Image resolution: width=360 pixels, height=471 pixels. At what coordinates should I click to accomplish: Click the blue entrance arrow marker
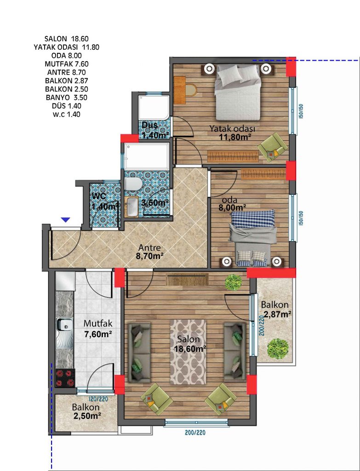pyautogui.click(x=65, y=220)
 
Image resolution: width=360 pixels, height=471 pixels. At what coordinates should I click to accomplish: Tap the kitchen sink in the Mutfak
pyautogui.click(x=64, y=333)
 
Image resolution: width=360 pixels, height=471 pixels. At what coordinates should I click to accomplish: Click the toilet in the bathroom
pyautogui.click(x=133, y=184)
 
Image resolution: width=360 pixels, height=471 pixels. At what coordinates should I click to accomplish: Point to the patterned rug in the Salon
pyautogui.click(x=188, y=352)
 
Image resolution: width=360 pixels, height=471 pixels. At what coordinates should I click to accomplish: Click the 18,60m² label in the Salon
pyautogui.click(x=190, y=349)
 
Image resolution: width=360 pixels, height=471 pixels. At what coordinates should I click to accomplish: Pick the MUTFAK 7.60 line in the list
pyautogui.click(x=67, y=64)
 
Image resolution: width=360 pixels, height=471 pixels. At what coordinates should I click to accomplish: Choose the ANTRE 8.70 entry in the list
pyautogui.click(x=66, y=72)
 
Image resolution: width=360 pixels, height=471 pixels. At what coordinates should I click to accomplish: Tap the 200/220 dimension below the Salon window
pyautogui.click(x=195, y=433)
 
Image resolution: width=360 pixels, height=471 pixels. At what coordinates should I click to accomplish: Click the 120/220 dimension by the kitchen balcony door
pyautogui.click(x=98, y=399)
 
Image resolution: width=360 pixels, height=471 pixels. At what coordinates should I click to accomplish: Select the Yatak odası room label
pyautogui.click(x=232, y=129)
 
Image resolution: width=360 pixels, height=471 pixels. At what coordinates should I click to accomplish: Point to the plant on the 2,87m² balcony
pyautogui.click(x=278, y=349)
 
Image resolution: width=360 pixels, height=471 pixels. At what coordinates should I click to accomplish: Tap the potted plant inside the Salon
pyautogui.click(x=233, y=282)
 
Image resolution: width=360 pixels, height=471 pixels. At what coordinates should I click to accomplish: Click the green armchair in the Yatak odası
pyautogui.click(x=273, y=147)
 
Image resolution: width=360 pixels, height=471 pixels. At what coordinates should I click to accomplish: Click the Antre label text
pyautogui.click(x=149, y=248)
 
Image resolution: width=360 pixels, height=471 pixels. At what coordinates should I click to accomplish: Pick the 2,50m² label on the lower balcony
pyautogui.click(x=87, y=416)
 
